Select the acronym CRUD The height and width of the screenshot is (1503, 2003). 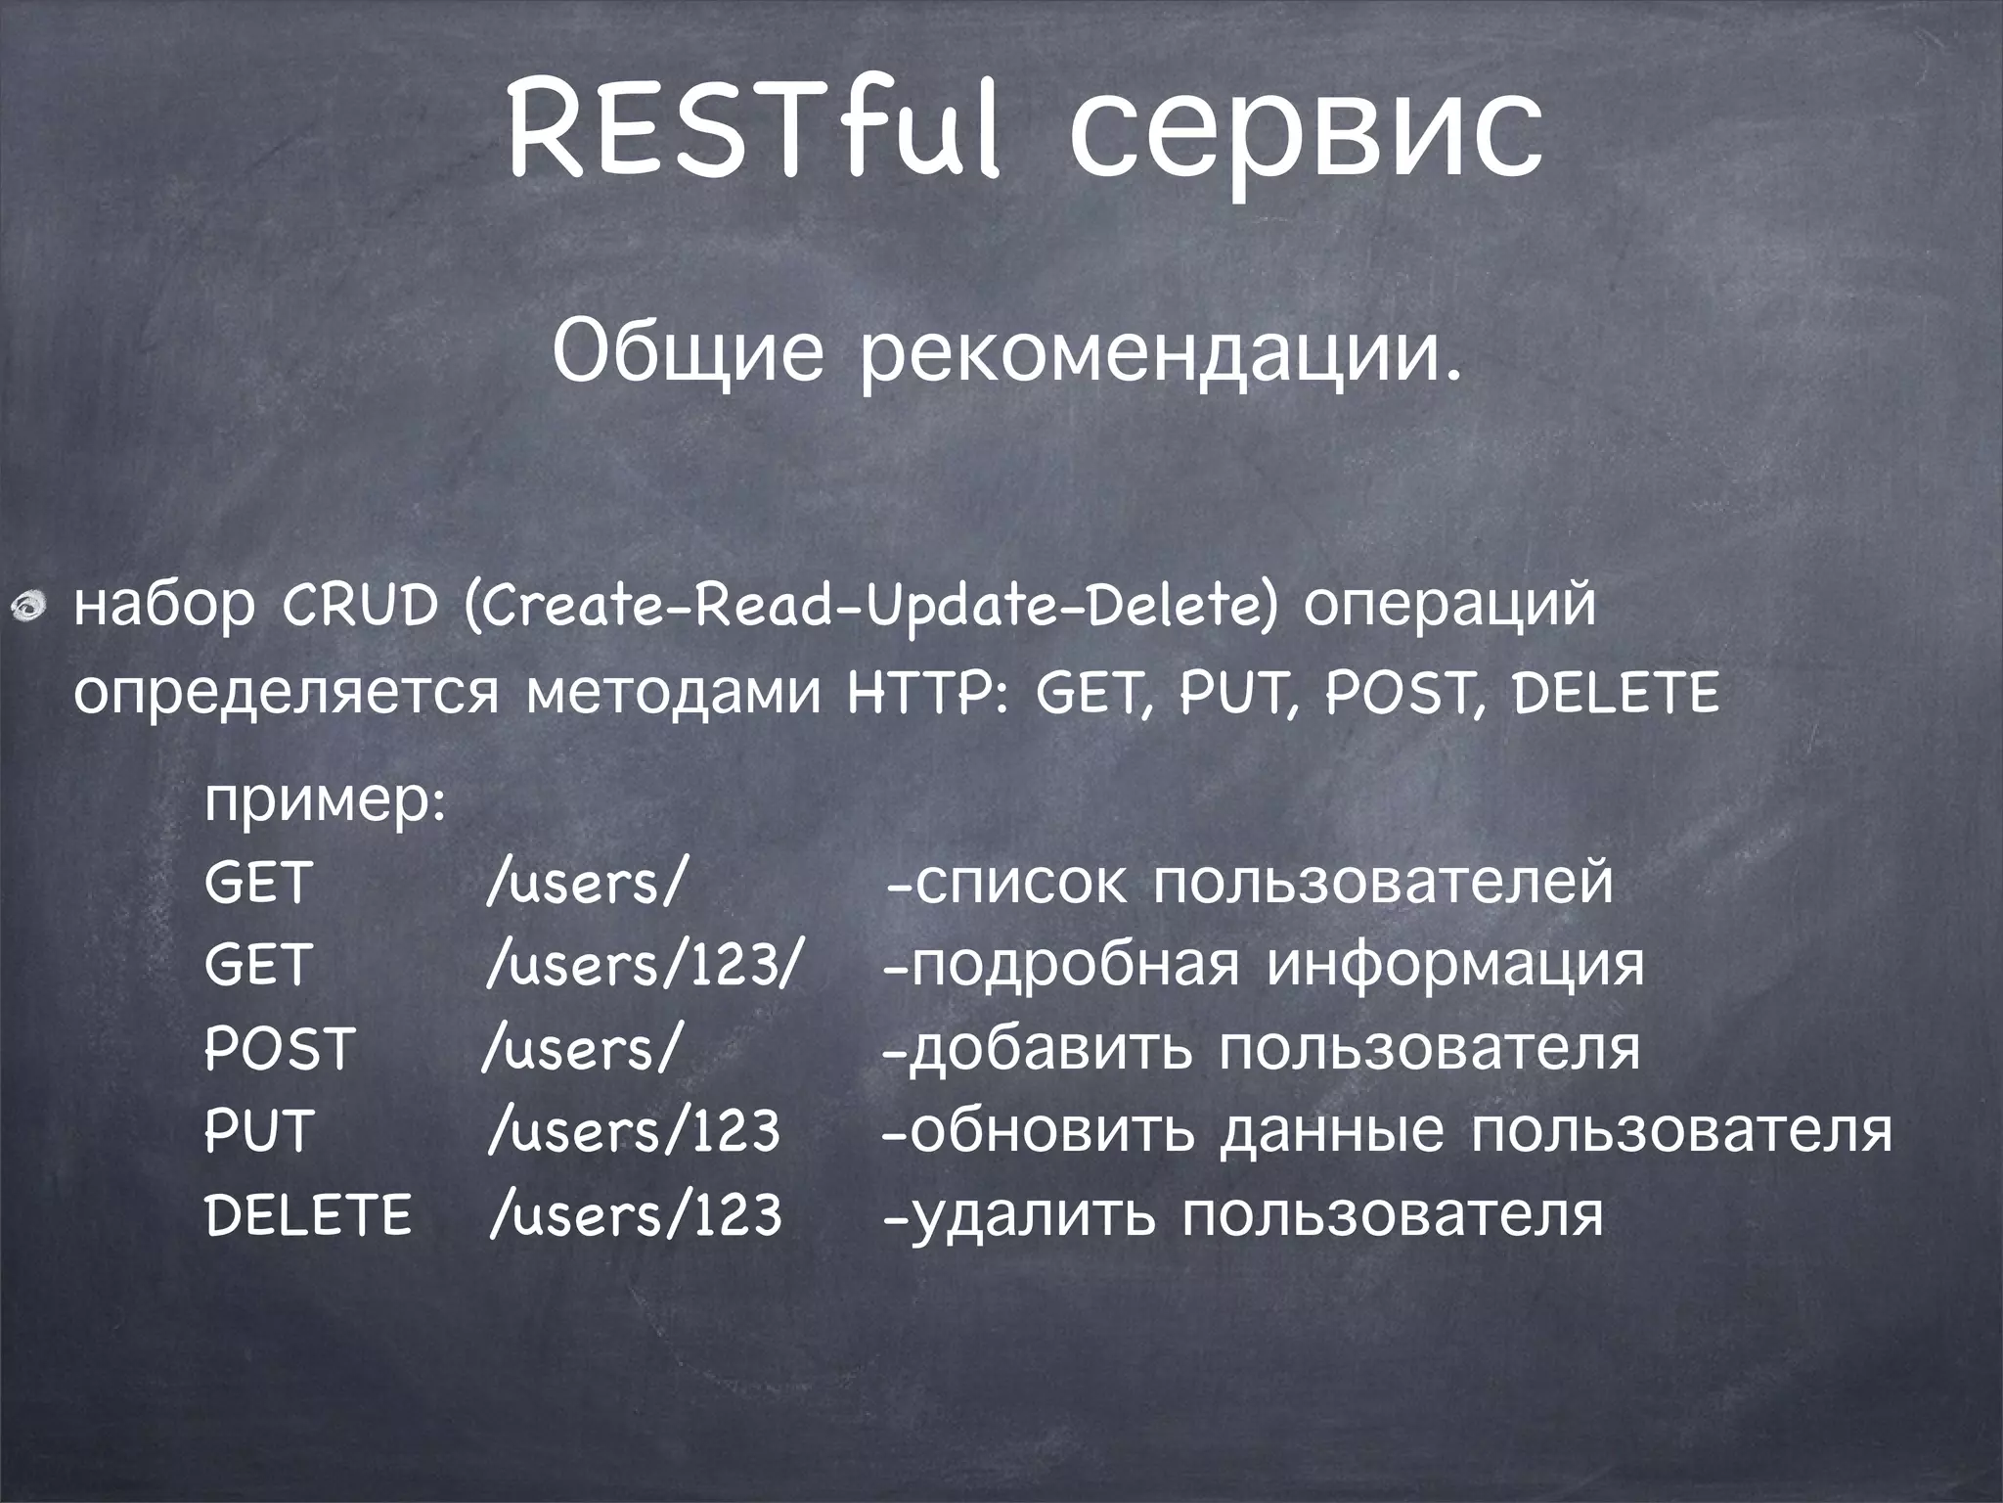click(x=360, y=608)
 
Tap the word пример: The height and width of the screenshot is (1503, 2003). click(x=326, y=804)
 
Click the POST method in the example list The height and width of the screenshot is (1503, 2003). click(x=278, y=1049)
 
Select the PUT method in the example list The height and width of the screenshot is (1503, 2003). click(x=257, y=1132)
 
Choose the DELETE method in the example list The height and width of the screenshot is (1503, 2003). click(x=308, y=1215)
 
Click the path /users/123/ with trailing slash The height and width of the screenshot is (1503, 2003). click(x=645, y=966)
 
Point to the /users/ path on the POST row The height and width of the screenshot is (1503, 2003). click(x=580, y=1049)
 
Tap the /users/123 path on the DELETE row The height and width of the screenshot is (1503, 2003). click(x=636, y=1215)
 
